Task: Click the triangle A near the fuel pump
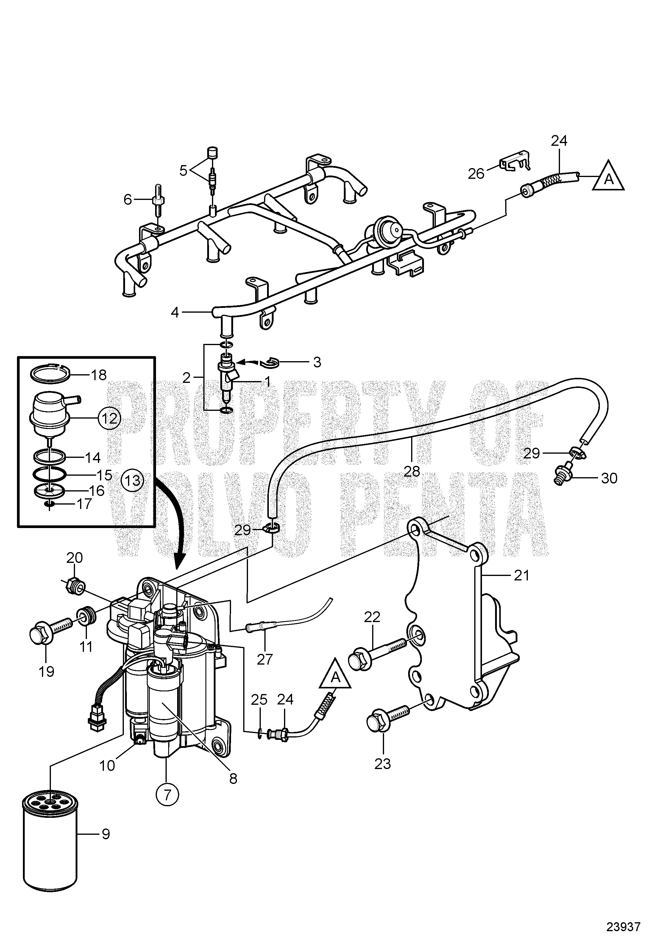pos(335,676)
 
